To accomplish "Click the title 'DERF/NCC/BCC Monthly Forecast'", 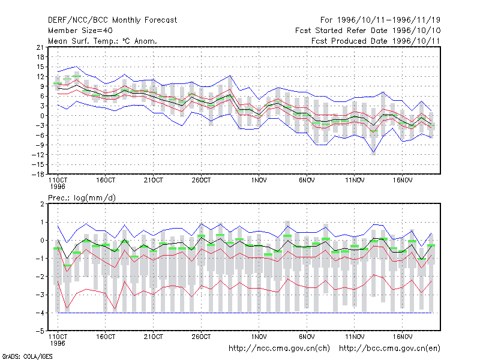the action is pyautogui.click(x=112, y=20).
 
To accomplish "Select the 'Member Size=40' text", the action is pyautogui.click(x=80, y=31).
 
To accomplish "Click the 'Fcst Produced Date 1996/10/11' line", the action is pyautogui.click(x=376, y=41).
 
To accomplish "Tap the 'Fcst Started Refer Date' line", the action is pyautogui.click(x=341, y=31).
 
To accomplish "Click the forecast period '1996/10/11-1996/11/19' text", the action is pyautogui.click(x=388, y=20).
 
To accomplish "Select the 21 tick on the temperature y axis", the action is pyautogui.click(x=40, y=47).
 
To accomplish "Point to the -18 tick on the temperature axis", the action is pyautogui.click(x=38, y=175).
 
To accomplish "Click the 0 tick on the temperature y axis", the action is pyautogui.click(x=42, y=116).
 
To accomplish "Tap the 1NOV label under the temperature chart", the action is pyautogui.click(x=259, y=181).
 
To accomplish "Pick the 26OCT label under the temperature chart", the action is pyautogui.click(x=201, y=181).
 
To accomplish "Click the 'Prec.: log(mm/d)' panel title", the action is pyautogui.click(x=82, y=198).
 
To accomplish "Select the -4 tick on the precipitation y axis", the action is pyautogui.click(x=40, y=313).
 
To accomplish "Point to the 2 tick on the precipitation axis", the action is pyautogui.click(x=42, y=204).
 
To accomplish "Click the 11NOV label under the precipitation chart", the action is pyautogui.click(x=355, y=337).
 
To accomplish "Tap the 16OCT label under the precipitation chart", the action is pyautogui.click(x=106, y=337).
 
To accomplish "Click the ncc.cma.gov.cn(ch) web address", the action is pyautogui.click(x=279, y=349).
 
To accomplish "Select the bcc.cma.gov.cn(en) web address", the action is pyautogui.click(x=389, y=349).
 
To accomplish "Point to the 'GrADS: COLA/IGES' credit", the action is pyautogui.click(x=27, y=356).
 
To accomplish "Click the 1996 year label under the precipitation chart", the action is pyautogui.click(x=58, y=343).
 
